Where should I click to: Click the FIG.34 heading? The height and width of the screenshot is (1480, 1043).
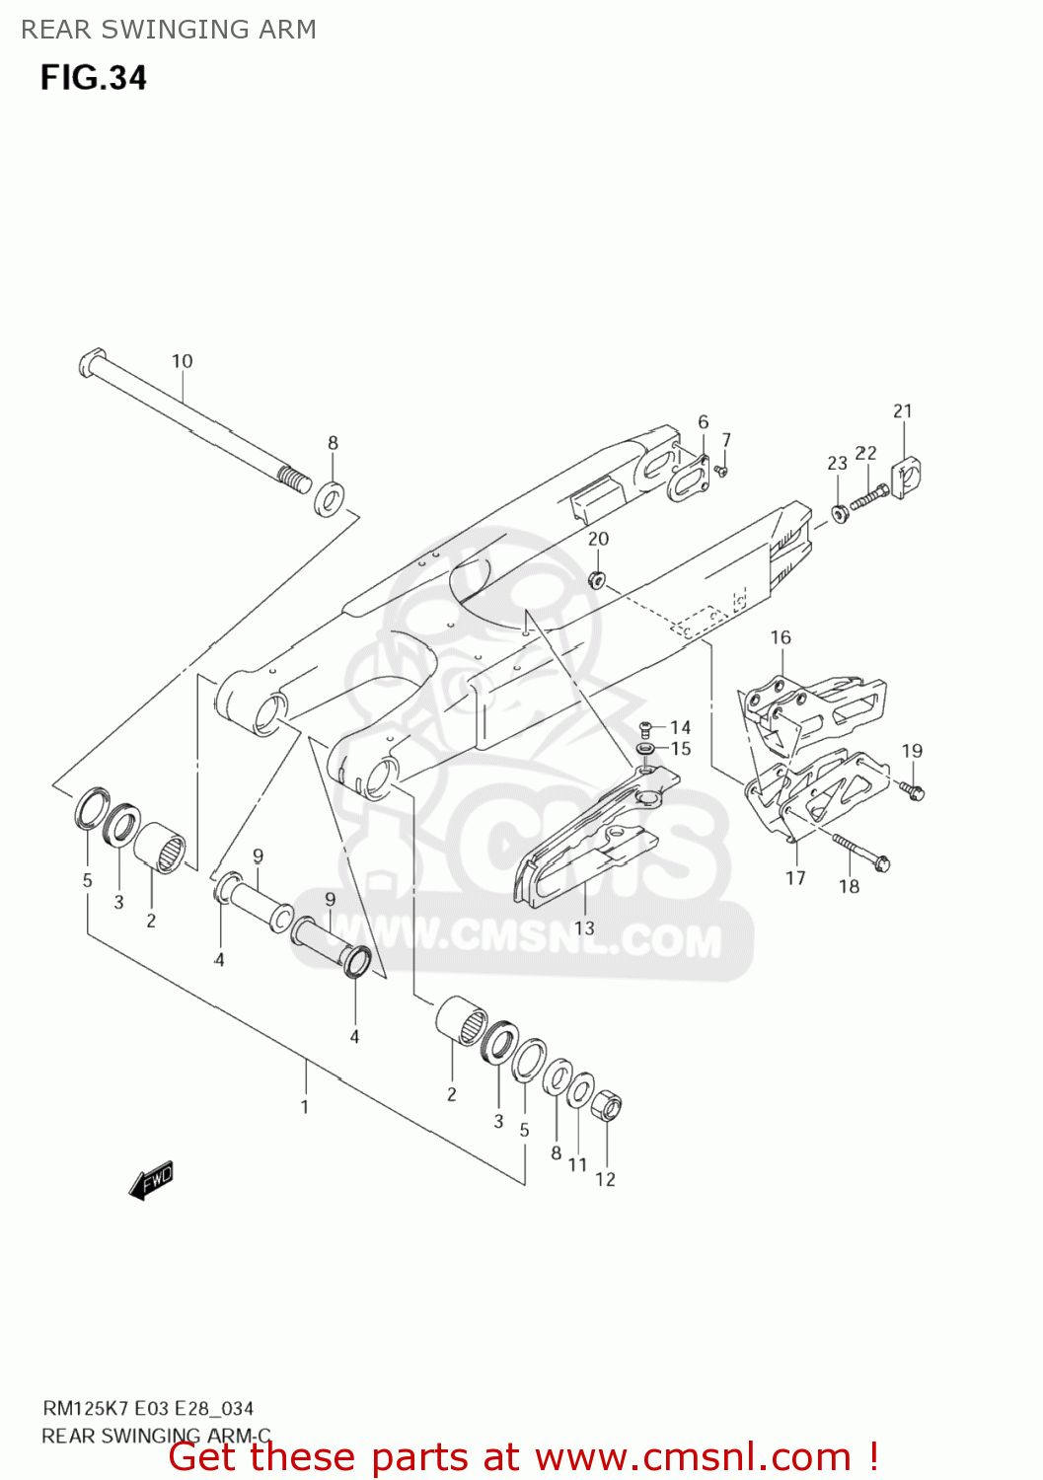94,77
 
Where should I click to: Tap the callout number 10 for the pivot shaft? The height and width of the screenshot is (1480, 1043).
183,361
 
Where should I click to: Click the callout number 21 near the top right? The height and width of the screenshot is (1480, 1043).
903,410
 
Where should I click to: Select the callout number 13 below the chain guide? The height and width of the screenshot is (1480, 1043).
584,927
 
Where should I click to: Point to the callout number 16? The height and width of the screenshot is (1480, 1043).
781,637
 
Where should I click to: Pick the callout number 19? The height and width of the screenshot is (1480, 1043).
912,751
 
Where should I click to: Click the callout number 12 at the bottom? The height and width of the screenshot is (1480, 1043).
605,1179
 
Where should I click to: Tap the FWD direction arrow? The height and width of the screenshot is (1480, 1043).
151,1180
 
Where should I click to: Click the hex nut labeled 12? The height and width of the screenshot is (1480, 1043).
606,1107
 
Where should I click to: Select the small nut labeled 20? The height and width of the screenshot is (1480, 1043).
597,579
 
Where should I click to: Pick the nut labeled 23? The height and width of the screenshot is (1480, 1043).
839,513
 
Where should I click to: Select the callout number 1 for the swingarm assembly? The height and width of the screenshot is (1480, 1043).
305,1106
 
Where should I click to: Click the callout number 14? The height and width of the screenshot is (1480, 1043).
680,727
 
